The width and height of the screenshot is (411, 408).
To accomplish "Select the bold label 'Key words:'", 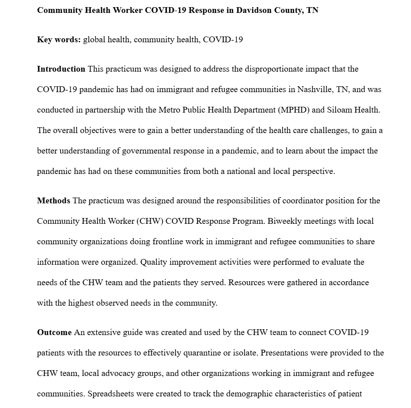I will [59, 40].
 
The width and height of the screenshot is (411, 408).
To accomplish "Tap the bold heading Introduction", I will [61, 69].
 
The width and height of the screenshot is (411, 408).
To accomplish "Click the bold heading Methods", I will [53, 201].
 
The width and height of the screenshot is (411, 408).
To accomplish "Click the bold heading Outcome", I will [54, 332].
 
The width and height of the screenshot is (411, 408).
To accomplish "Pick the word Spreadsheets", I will [110, 394].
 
